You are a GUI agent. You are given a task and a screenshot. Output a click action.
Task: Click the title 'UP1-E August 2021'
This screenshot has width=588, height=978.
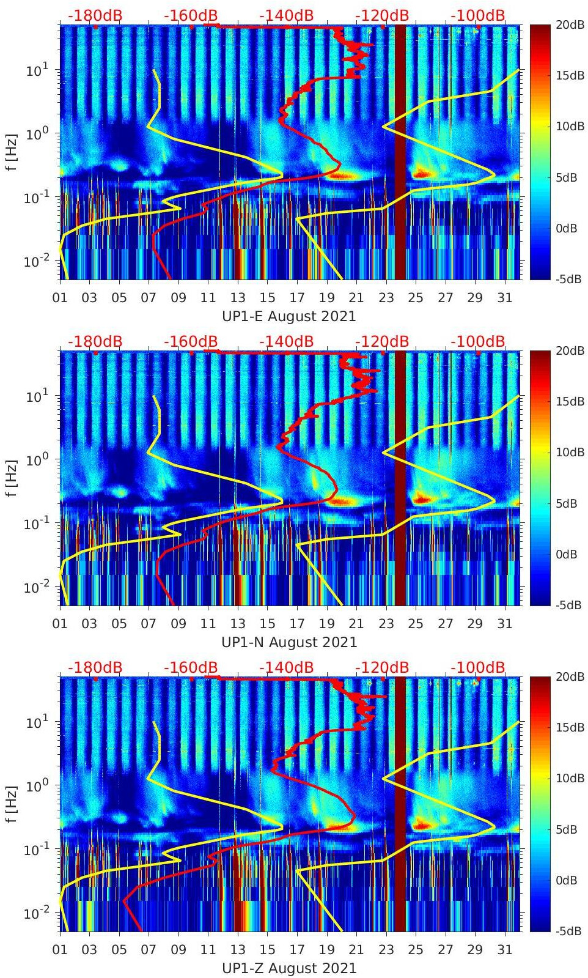288,316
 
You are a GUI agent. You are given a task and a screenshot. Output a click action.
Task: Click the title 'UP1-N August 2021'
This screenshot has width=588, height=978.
288,642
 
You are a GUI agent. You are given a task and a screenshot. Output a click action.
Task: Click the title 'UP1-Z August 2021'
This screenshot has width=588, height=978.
288,968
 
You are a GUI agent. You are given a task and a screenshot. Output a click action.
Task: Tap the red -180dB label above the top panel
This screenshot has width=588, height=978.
95,16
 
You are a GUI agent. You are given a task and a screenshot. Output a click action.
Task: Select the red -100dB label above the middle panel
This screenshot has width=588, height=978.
478,342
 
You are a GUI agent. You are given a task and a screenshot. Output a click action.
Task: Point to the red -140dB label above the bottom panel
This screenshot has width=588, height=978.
286,668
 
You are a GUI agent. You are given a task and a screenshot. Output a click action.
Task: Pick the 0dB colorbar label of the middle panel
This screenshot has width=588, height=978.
567,554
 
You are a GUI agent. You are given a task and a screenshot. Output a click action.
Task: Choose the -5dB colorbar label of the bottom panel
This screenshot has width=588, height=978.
568,931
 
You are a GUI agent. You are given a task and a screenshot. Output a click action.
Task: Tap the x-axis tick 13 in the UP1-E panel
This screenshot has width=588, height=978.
238,298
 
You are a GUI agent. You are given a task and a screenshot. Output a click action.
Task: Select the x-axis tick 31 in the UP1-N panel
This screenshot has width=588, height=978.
504,624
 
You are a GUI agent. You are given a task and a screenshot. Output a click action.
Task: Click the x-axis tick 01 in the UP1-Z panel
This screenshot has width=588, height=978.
60,950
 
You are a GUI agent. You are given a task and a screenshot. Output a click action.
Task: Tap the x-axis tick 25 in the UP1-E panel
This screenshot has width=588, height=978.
416,298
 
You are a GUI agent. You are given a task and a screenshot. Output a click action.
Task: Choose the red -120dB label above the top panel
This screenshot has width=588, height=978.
382,16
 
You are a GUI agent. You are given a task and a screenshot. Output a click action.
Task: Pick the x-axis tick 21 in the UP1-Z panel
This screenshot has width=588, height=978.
356,950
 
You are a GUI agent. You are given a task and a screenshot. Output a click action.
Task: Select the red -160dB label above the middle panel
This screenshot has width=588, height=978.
191,342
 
